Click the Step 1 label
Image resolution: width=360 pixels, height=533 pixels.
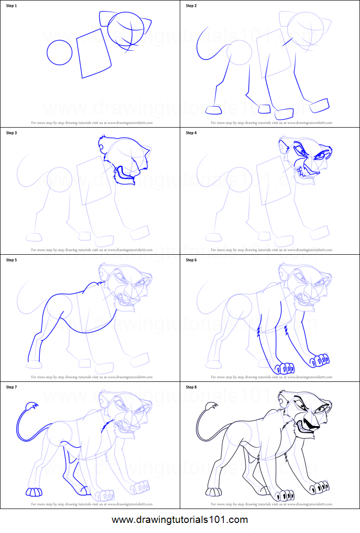click(x=12, y=6)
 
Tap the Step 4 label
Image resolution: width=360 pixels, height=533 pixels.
click(x=191, y=133)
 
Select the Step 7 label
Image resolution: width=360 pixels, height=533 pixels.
click(x=12, y=387)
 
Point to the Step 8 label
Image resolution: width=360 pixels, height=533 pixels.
click(x=191, y=387)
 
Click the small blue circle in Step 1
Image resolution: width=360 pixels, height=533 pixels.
click(x=59, y=52)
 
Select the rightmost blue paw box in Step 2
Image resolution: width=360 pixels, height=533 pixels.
click(x=320, y=105)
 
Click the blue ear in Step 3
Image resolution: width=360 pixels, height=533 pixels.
click(x=103, y=142)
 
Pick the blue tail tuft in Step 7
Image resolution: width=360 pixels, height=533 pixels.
click(x=31, y=408)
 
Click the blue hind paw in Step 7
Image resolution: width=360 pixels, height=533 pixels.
click(x=34, y=492)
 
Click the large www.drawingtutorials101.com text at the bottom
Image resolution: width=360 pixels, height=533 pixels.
click(x=180, y=520)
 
